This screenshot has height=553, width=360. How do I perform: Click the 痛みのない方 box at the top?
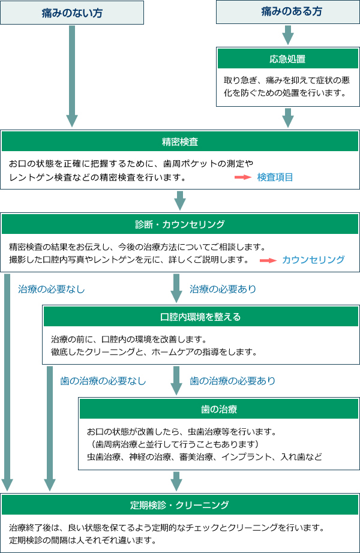[x=72, y=12]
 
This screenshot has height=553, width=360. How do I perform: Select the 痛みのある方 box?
[x=288, y=11]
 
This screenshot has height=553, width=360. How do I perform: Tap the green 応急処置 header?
[x=288, y=59]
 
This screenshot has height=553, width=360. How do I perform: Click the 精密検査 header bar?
[x=180, y=142]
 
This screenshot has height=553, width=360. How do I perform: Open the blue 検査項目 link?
[x=275, y=178]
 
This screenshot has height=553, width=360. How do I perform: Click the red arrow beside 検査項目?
[x=242, y=178]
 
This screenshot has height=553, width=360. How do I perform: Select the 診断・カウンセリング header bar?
[x=180, y=224]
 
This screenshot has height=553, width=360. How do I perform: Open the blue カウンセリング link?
[x=313, y=260]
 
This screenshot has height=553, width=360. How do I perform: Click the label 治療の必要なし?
[x=52, y=289]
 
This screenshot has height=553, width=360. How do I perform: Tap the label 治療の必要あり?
[x=223, y=289]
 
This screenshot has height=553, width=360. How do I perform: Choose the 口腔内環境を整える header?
[x=201, y=316]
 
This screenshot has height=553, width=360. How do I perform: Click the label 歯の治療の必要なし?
[x=103, y=381]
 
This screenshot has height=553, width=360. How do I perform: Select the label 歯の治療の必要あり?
[x=233, y=381]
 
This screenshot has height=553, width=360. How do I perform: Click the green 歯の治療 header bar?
[x=219, y=409]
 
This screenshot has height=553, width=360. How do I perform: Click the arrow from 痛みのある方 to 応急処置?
[x=288, y=35]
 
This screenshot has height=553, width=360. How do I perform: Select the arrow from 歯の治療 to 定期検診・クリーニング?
[x=176, y=480]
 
